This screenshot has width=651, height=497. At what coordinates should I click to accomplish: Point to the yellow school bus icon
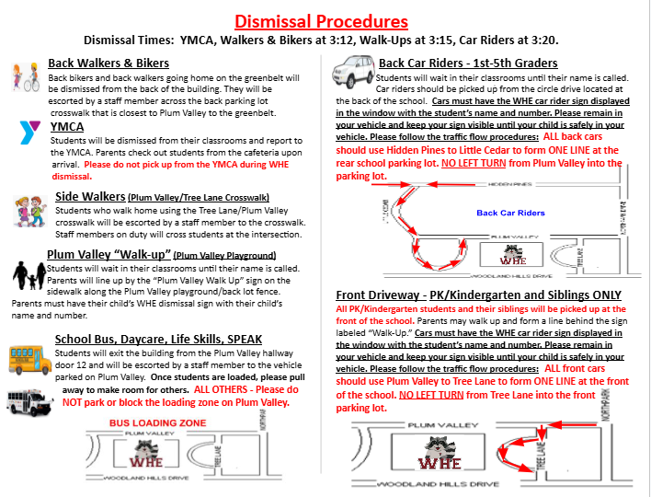[30, 358]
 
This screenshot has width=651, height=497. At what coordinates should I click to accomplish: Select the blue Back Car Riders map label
[510, 213]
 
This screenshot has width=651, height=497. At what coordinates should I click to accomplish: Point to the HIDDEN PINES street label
[511, 184]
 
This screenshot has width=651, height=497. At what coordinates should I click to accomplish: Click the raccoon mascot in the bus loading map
[145, 450]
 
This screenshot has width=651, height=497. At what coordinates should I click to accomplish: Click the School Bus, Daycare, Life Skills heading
[145, 339]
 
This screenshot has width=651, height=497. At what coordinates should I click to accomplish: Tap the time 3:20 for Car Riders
[539, 40]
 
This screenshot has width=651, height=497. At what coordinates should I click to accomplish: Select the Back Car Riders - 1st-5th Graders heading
[468, 64]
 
